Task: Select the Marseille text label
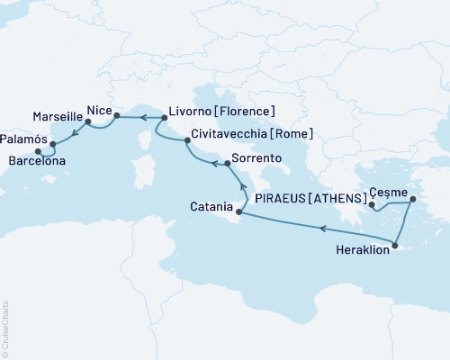(57, 117)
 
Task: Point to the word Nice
(98, 110)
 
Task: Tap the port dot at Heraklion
(396, 241)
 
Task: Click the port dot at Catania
(238, 212)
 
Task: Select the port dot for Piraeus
(372, 206)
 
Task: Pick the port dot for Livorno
(164, 117)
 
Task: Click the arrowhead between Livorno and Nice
(141, 116)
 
